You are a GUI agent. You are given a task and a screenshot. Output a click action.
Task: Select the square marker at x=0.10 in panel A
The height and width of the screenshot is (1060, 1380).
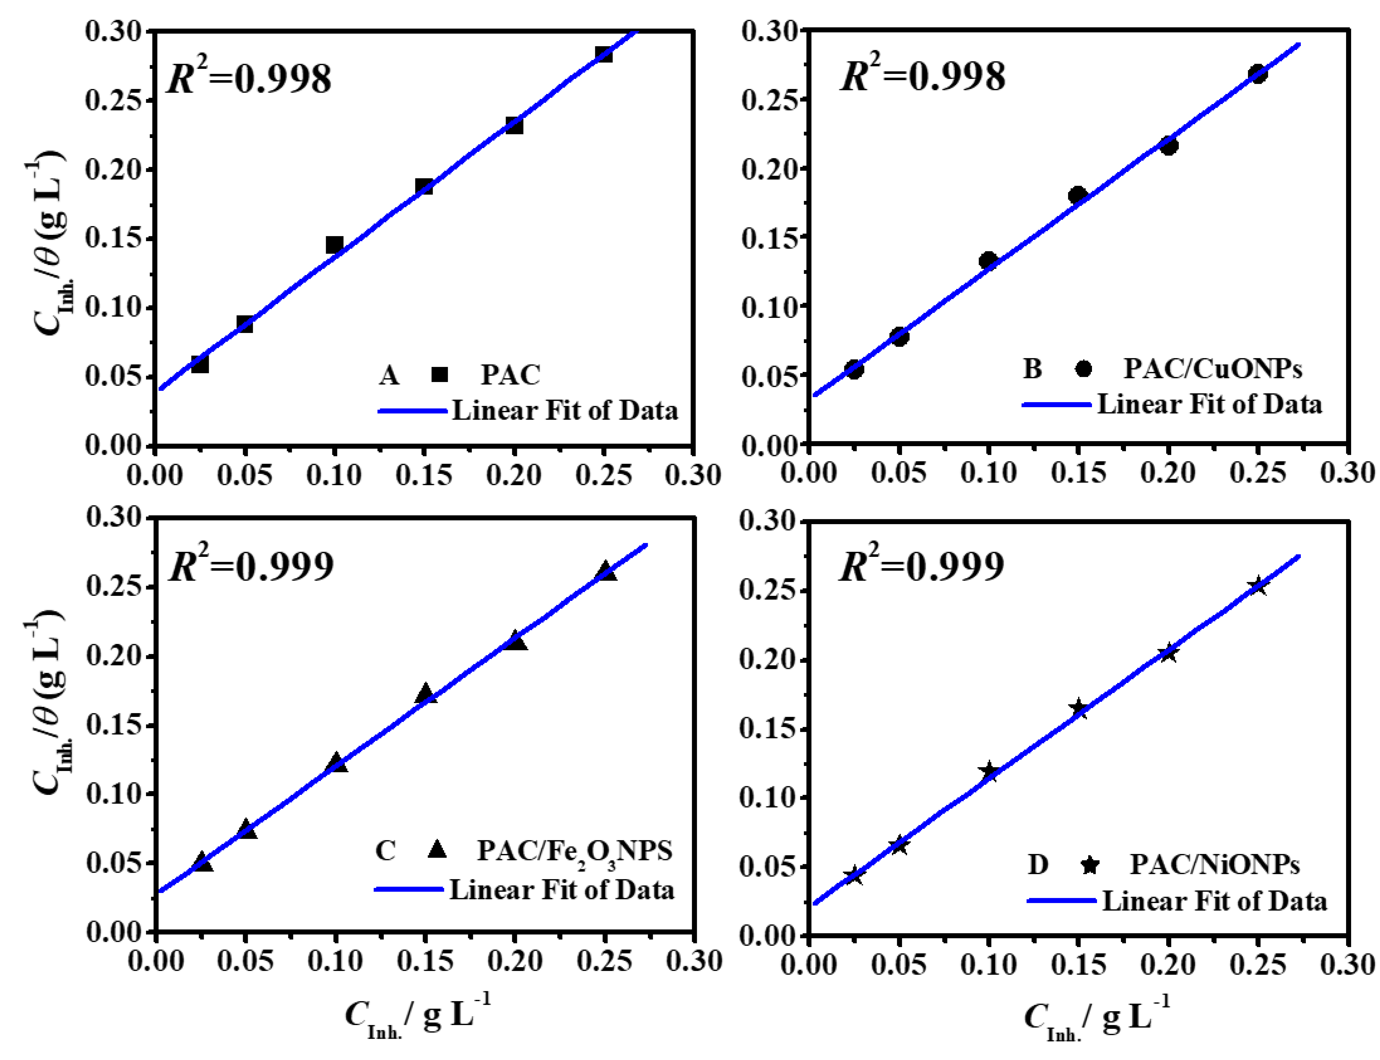point(335,245)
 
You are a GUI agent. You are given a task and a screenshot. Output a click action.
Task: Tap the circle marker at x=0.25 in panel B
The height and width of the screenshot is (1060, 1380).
point(1258,74)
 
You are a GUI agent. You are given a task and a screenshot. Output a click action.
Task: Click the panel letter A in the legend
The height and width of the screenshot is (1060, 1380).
point(389,375)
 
